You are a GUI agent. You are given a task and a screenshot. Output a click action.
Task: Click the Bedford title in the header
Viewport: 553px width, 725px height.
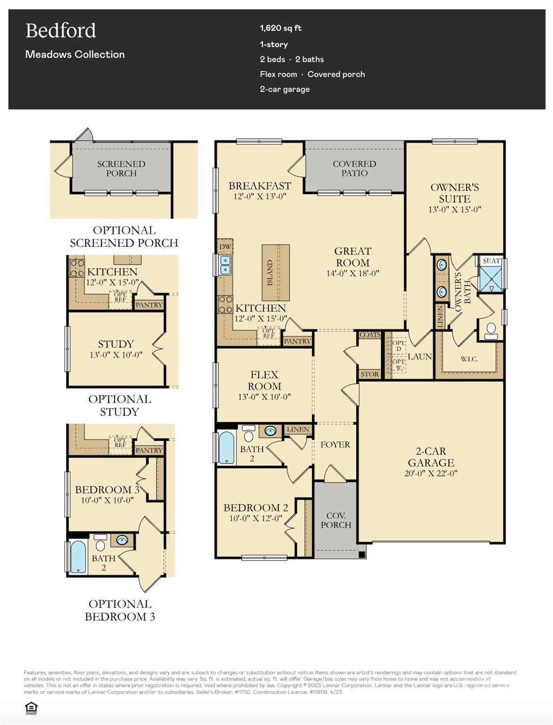[60, 31]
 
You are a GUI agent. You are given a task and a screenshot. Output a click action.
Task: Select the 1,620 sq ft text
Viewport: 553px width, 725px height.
[280, 28]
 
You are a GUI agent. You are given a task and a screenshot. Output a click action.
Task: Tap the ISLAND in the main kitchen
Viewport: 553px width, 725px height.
[275, 272]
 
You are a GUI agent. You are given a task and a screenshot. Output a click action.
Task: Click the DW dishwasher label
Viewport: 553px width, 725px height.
[225, 246]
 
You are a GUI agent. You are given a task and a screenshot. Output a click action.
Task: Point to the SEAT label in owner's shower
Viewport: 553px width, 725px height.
[491, 261]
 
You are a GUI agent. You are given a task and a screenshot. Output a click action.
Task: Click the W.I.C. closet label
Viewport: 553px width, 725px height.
[469, 359]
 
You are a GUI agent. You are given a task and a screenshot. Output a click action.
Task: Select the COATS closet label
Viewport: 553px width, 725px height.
[369, 335]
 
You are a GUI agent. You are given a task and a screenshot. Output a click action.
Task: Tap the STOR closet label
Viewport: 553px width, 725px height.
[369, 374]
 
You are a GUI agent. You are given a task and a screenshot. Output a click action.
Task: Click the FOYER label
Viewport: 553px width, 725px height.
[335, 444]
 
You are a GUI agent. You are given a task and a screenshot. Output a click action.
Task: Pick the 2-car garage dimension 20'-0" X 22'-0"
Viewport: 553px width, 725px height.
[431, 473]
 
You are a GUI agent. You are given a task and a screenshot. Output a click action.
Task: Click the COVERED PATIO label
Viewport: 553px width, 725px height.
[354, 168]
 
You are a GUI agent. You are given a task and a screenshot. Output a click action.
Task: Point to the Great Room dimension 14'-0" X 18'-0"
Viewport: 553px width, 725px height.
[352, 273]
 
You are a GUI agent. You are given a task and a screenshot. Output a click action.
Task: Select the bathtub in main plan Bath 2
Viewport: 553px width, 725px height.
[226, 447]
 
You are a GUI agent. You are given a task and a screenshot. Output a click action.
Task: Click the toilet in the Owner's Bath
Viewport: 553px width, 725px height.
[491, 329]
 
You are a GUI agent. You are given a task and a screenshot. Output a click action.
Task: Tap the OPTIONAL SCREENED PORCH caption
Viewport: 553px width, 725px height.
[124, 236]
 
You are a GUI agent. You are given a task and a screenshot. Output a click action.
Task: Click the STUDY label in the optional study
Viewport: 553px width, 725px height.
[116, 344]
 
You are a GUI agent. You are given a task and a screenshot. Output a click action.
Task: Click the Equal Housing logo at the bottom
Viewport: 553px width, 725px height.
[31, 708]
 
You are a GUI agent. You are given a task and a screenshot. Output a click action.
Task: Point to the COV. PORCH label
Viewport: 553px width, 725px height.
[335, 520]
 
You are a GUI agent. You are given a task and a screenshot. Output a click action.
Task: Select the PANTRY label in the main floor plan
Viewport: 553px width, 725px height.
[297, 341]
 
